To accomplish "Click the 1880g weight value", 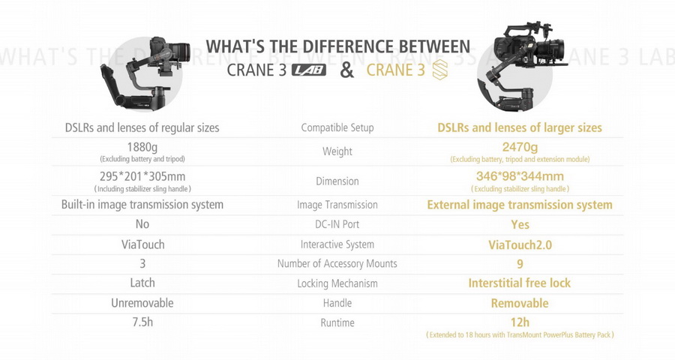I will click(x=142, y=147).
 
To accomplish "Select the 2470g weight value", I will click(x=520, y=147).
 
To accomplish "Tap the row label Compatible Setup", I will click(x=337, y=127).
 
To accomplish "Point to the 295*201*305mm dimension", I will click(x=142, y=176).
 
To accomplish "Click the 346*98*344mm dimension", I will click(x=520, y=176).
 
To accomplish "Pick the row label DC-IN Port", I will click(x=337, y=224).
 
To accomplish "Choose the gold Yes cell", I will click(x=520, y=224).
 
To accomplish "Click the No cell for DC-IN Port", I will click(x=142, y=224).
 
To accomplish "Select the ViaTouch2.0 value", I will click(x=520, y=244).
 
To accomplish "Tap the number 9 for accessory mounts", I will click(x=520, y=264).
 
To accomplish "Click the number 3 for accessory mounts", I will click(x=142, y=264).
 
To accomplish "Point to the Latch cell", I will click(x=142, y=283).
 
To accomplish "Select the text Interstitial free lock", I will click(x=520, y=283).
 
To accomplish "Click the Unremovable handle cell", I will click(x=142, y=303).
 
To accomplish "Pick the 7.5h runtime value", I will click(x=142, y=322).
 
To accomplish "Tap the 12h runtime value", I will click(x=520, y=322).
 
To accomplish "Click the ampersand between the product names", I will click(x=346, y=70).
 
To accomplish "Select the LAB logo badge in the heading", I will click(x=309, y=71).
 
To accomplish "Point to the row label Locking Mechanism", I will click(x=337, y=283).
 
